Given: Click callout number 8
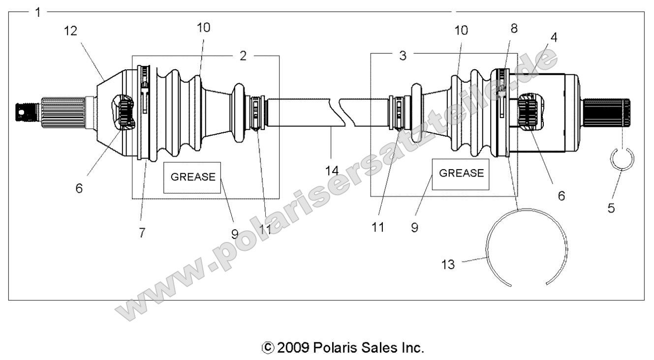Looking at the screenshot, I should click(x=514, y=29).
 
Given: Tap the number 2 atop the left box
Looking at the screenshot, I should click(x=243, y=56).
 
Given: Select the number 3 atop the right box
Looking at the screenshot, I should click(x=403, y=56).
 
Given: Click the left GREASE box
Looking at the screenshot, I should click(x=192, y=177).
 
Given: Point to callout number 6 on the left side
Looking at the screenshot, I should click(x=79, y=188).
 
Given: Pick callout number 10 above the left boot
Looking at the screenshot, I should click(x=203, y=28).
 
